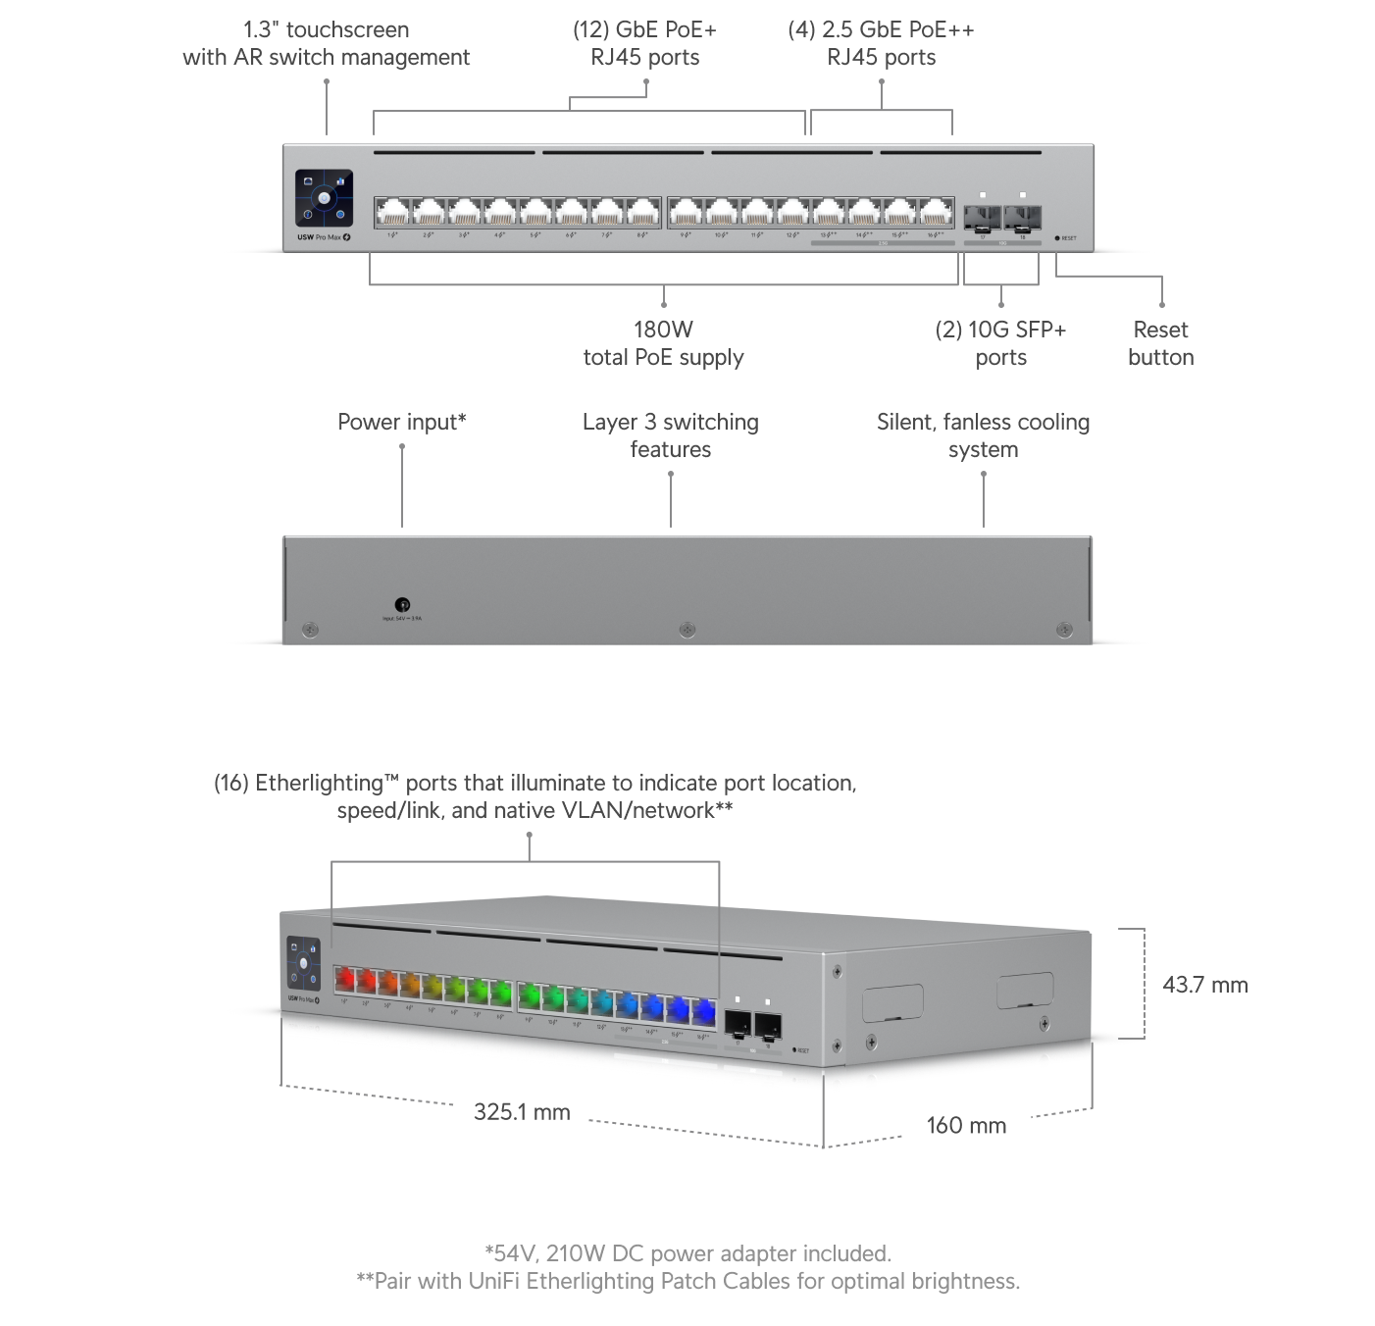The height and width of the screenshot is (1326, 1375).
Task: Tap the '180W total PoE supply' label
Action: point(663,343)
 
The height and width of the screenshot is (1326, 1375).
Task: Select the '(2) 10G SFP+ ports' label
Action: point(1000,343)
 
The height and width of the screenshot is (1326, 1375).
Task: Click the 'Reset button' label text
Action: point(1160,343)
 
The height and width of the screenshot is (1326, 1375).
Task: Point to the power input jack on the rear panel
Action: point(402,605)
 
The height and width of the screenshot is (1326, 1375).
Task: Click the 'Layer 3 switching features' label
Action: point(670,435)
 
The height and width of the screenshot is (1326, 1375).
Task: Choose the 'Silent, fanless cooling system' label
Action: point(983,435)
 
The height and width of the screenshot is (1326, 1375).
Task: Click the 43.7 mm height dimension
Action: point(1204,985)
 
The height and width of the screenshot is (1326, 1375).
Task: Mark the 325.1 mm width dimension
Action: point(521,1111)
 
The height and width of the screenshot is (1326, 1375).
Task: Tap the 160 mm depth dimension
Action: point(966,1125)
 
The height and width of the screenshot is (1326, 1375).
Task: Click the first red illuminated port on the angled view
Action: point(344,980)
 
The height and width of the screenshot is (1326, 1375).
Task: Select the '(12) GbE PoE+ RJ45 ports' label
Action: point(644,43)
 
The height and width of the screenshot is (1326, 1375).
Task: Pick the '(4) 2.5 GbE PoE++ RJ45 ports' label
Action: point(881,43)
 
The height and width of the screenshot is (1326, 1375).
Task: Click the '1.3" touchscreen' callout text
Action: point(326,43)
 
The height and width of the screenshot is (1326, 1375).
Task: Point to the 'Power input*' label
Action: point(402,422)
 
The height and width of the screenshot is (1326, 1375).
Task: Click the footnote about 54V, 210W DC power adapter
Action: point(687,1253)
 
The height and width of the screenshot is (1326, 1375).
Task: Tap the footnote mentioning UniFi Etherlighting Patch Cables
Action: point(687,1281)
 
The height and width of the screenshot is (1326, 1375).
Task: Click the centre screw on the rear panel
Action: point(687,630)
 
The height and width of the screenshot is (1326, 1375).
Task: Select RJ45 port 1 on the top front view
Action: point(392,213)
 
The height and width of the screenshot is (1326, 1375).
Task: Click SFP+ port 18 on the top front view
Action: point(1022,215)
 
